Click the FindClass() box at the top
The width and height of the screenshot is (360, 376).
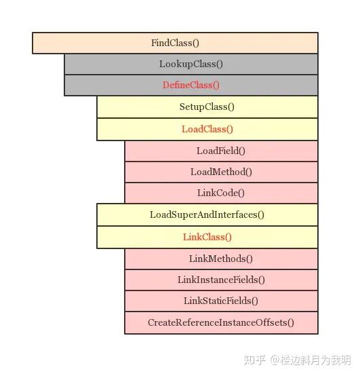click(x=175, y=43)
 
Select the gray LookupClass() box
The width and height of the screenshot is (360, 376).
click(x=191, y=64)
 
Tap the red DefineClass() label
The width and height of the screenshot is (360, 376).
click(x=191, y=85)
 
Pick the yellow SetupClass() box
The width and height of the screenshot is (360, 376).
click(x=207, y=107)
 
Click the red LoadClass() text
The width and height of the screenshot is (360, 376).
click(x=207, y=129)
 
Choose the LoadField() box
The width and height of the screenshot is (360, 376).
click(x=221, y=151)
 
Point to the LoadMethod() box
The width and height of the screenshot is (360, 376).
click(x=221, y=172)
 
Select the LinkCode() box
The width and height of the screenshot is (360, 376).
click(x=221, y=193)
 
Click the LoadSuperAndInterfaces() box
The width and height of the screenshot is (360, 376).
click(x=207, y=214)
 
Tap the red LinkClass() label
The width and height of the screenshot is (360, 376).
click(x=207, y=237)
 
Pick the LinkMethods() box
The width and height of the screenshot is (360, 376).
click(x=221, y=259)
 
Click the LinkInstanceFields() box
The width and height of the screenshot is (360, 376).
click(x=221, y=280)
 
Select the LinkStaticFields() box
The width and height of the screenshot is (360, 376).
click(x=221, y=301)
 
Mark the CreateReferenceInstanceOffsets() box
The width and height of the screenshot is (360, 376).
click(x=221, y=322)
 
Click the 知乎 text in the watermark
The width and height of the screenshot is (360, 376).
click(x=255, y=359)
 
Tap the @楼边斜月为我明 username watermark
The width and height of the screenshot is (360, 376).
click(x=311, y=359)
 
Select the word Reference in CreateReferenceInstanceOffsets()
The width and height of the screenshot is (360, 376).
click(x=197, y=322)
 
